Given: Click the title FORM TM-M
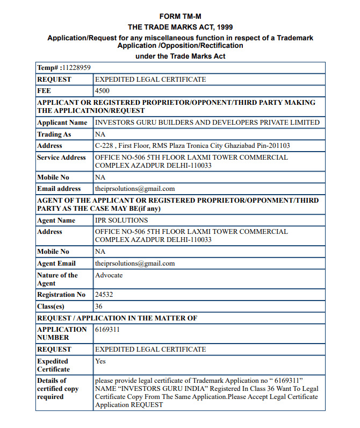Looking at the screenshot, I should [x=180, y=17].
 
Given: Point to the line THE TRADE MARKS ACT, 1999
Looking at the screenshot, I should [x=180, y=27].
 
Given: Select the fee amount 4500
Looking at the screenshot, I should [x=102, y=91].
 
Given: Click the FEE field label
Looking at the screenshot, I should [x=44, y=91].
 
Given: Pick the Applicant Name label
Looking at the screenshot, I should [x=62, y=123].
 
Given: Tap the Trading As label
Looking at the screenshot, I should [x=54, y=134].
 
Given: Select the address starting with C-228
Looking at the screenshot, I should [x=192, y=146].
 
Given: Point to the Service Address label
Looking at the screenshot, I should [x=61, y=158].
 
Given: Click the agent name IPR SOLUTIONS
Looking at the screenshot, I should [x=121, y=220].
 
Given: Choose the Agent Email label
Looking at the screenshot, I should [x=56, y=263].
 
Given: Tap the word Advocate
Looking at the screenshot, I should [x=109, y=275].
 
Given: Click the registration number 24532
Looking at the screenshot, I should [x=104, y=295].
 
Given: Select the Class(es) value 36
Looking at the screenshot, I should [x=98, y=306].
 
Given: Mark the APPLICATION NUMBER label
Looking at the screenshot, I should [x=62, y=333].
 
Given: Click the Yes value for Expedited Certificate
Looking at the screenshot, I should [x=100, y=361].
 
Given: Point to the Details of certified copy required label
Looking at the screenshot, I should [x=57, y=388].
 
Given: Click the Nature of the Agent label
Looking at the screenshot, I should [x=57, y=279].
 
